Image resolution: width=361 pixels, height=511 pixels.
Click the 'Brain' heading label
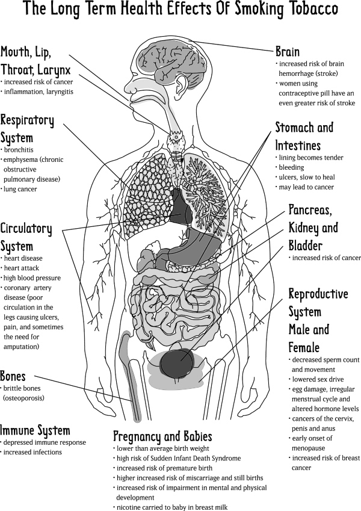pos(288,52)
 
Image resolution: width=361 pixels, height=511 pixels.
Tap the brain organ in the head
pos(173,62)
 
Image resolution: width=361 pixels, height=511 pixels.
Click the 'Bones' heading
pos(13,376)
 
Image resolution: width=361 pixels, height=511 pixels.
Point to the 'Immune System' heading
pos(35,430)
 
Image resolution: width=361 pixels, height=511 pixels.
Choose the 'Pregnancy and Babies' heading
pos(162,436)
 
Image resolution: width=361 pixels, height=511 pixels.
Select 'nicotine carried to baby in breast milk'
pos(170,507)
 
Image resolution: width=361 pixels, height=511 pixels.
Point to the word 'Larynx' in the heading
pos(54,70)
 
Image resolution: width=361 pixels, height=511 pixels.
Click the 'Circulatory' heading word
pos(26,229)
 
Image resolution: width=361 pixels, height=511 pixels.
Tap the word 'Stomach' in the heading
pos(295,127)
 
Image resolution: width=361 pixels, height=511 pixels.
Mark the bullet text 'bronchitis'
pos(17,150)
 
